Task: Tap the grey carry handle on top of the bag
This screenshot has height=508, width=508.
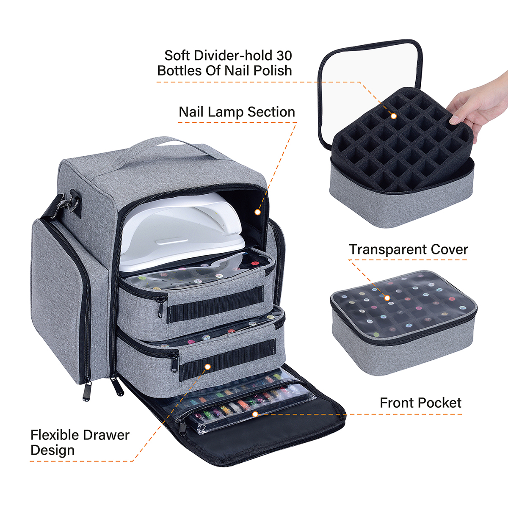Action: [x=169, y=148]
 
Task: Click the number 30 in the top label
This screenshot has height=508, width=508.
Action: [x=284, y=55]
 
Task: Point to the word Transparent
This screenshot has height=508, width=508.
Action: [x=387, y=249]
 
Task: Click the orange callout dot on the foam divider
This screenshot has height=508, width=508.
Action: [x=394, y=116]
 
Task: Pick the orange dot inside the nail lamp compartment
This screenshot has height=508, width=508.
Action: [x=257, y=212]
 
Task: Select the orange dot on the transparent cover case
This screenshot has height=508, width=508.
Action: [x=387, y=298]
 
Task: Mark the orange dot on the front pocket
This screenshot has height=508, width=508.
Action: [x=255, y=414]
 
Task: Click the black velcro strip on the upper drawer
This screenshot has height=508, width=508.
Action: [x=215, y=303]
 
